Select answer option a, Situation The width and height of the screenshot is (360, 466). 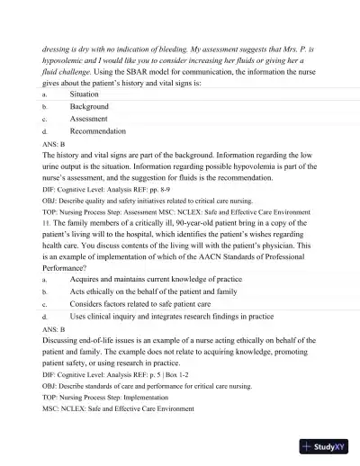coord(85,94)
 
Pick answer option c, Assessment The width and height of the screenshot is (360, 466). coord(89,119)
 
